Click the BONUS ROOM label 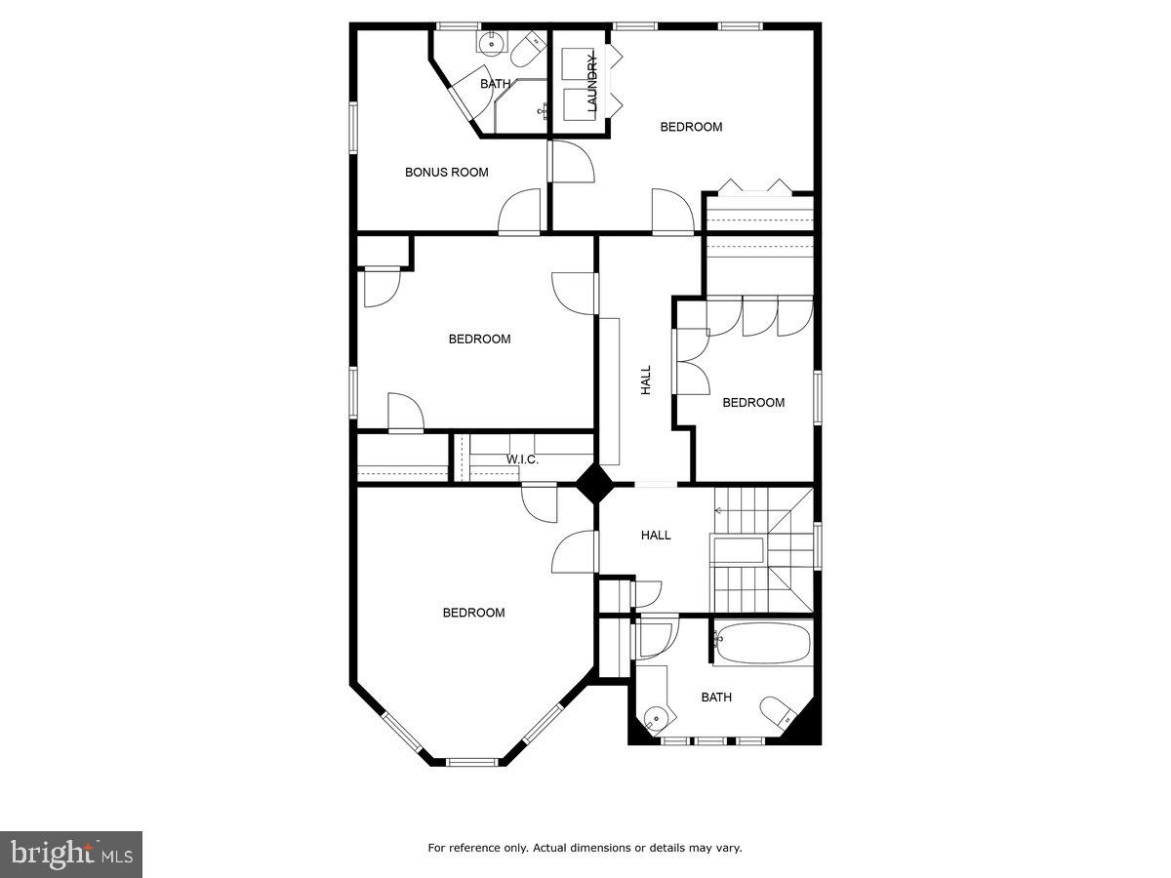[446, 173]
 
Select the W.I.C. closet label [522, 459]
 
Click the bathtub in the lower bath [762, 644]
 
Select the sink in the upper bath [490, 42]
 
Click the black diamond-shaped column [594, 484]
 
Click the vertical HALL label [646, 380]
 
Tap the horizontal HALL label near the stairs [656, 536]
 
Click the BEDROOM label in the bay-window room [473, 613]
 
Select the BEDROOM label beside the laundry [691, 127]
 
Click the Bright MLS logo [71, 855]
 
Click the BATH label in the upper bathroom [495, 85]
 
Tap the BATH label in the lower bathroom [716, 698]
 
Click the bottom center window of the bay [473, 761]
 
